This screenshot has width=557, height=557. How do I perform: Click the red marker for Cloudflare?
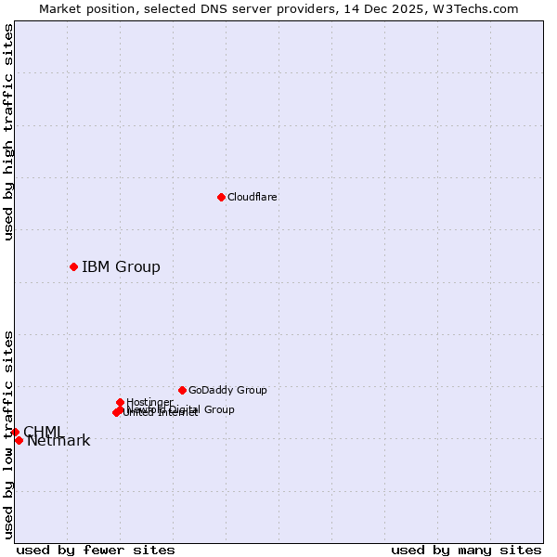[x=221, y=197]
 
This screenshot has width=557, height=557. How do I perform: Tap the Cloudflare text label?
[x=253, y=197]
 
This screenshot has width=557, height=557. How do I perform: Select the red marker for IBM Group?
[x=73, y=267]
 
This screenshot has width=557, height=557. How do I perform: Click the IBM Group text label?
[x=121, y=267]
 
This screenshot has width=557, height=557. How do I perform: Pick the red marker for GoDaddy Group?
[x=182, y=391]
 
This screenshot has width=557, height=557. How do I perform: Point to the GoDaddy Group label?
[x=227, y=391]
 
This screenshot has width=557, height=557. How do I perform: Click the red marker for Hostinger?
[x=120, y=403]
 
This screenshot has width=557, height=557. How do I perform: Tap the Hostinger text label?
[x=149, y=403]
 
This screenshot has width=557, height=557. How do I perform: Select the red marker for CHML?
[x=15, y=432]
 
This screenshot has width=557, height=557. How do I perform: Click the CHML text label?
[x=44, y=432]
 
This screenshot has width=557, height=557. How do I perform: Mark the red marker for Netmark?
[x=19, y=440]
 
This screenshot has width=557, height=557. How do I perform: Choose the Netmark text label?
[x=58, y=441]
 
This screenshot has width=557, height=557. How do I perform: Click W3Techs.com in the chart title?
[x=479, y=8]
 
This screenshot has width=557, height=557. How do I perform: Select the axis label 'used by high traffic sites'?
[x=8, y=133]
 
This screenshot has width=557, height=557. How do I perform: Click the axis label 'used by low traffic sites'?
[x=8, y=434]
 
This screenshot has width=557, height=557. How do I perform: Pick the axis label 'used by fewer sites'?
[x=96, y=550]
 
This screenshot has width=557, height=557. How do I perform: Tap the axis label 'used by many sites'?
[x=466, y=550]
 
